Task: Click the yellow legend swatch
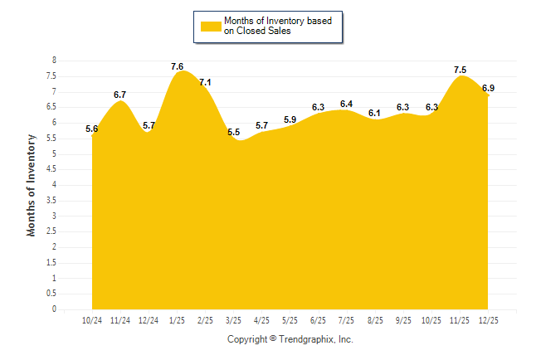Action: coord(210,27)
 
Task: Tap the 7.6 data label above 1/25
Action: coord(177,66)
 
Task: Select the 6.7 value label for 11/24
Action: coord(119,95)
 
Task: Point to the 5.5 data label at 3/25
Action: coord(233,133)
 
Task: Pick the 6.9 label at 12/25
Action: coord(488,88)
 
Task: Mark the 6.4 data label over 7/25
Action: coord(346,104)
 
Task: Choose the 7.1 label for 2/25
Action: coord(205,82)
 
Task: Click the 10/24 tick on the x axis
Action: coord(92,319)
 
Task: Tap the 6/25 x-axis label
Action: coord(318,319)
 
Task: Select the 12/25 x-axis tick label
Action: coord(487,319)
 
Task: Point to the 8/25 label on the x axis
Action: coord(374,319)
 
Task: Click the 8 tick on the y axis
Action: coord(54,61)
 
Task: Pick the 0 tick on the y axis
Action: coord(54,309)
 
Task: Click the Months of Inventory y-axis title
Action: coord(32,185)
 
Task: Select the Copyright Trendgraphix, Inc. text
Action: coord(290,339)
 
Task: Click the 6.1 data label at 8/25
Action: coord(374,113)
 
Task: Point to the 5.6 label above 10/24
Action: coord(92,129)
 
